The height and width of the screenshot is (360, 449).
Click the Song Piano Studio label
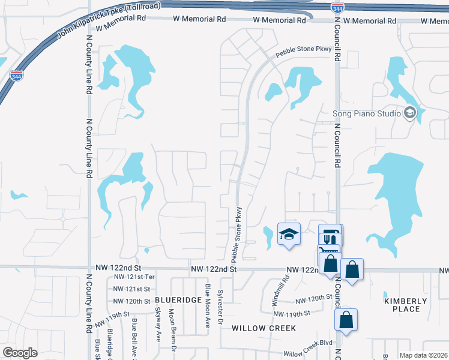[x=367, y=113]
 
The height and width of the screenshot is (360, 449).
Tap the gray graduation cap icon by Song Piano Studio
[x=410, y=113]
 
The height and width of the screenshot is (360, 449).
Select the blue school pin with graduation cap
[x=289, y=235]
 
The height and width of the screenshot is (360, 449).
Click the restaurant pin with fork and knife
[x=330, y=236]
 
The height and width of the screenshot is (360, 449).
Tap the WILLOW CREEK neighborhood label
[x=264, y=328]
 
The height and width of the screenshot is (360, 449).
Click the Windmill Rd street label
[x=286, y=287]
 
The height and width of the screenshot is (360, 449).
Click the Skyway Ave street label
[x=158, y=325]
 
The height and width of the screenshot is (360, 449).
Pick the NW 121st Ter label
[x=134, y=277]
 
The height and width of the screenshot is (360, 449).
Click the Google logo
[x=20, y=352]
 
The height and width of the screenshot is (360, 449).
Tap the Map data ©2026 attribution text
[x=423, y=355]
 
